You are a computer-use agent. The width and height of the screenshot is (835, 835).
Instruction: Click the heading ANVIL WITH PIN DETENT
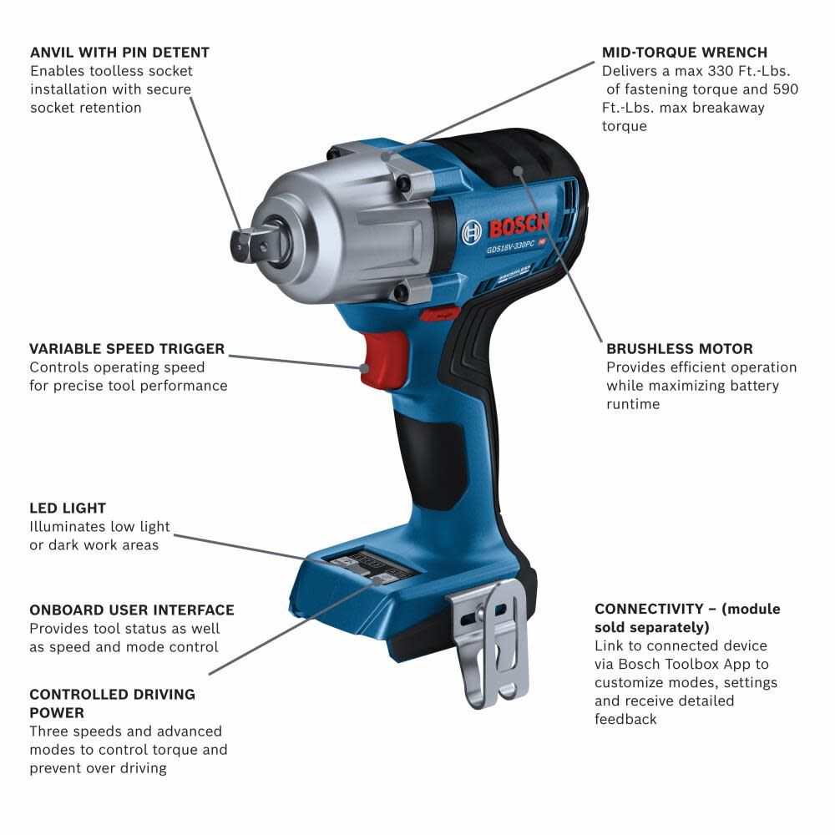pos(119,53)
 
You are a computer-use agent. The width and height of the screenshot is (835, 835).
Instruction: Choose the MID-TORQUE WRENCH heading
pos(685,53)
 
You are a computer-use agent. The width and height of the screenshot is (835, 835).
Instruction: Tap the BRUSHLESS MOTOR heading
pos(679,348)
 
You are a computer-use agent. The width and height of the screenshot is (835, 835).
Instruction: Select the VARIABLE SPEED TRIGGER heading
pos(127,348)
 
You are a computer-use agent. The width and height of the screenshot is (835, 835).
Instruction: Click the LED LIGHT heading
pos(68,508)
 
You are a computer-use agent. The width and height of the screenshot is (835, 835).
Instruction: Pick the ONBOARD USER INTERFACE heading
pos(132,610)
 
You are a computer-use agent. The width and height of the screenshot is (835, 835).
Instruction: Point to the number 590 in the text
pos(785,89)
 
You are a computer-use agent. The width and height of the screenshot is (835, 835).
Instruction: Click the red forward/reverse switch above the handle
pos(439,314)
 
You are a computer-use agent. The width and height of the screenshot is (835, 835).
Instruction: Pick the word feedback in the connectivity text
pos(625,719)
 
